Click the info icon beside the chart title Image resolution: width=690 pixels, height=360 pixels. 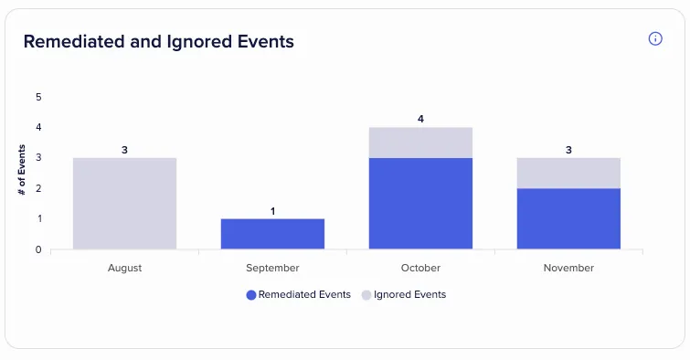pos(655,38)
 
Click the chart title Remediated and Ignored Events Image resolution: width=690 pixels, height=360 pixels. pos(159,42)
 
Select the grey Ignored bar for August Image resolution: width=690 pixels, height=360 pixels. pos(125,204)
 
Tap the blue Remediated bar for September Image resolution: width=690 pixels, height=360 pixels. pos(273,234)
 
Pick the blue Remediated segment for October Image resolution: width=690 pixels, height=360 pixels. pos(420,204)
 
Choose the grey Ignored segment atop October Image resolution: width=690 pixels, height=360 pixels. pos(420,143)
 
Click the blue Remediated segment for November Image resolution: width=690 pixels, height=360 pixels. pos(568,218)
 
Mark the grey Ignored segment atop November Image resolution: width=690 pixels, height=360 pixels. pos(568,173)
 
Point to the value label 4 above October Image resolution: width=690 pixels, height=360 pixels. pos(420,119)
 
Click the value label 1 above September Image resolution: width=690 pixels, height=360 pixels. pos(273,211)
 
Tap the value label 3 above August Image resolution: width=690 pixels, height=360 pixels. pos(124,150)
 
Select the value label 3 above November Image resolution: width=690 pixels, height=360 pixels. pos(568,150)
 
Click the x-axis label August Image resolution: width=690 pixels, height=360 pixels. pos(125,268)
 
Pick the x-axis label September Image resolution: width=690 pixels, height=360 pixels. pos(273,268)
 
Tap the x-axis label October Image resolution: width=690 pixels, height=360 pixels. pos(420,268)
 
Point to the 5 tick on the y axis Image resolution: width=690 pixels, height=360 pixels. pos(38,97)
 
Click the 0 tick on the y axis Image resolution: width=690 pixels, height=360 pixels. pos(38,249)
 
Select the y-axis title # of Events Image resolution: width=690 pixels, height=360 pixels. pos(22,170)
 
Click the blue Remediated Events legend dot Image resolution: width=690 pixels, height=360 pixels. pos(251,295)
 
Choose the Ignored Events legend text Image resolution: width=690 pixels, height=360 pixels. pos(409,295)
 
